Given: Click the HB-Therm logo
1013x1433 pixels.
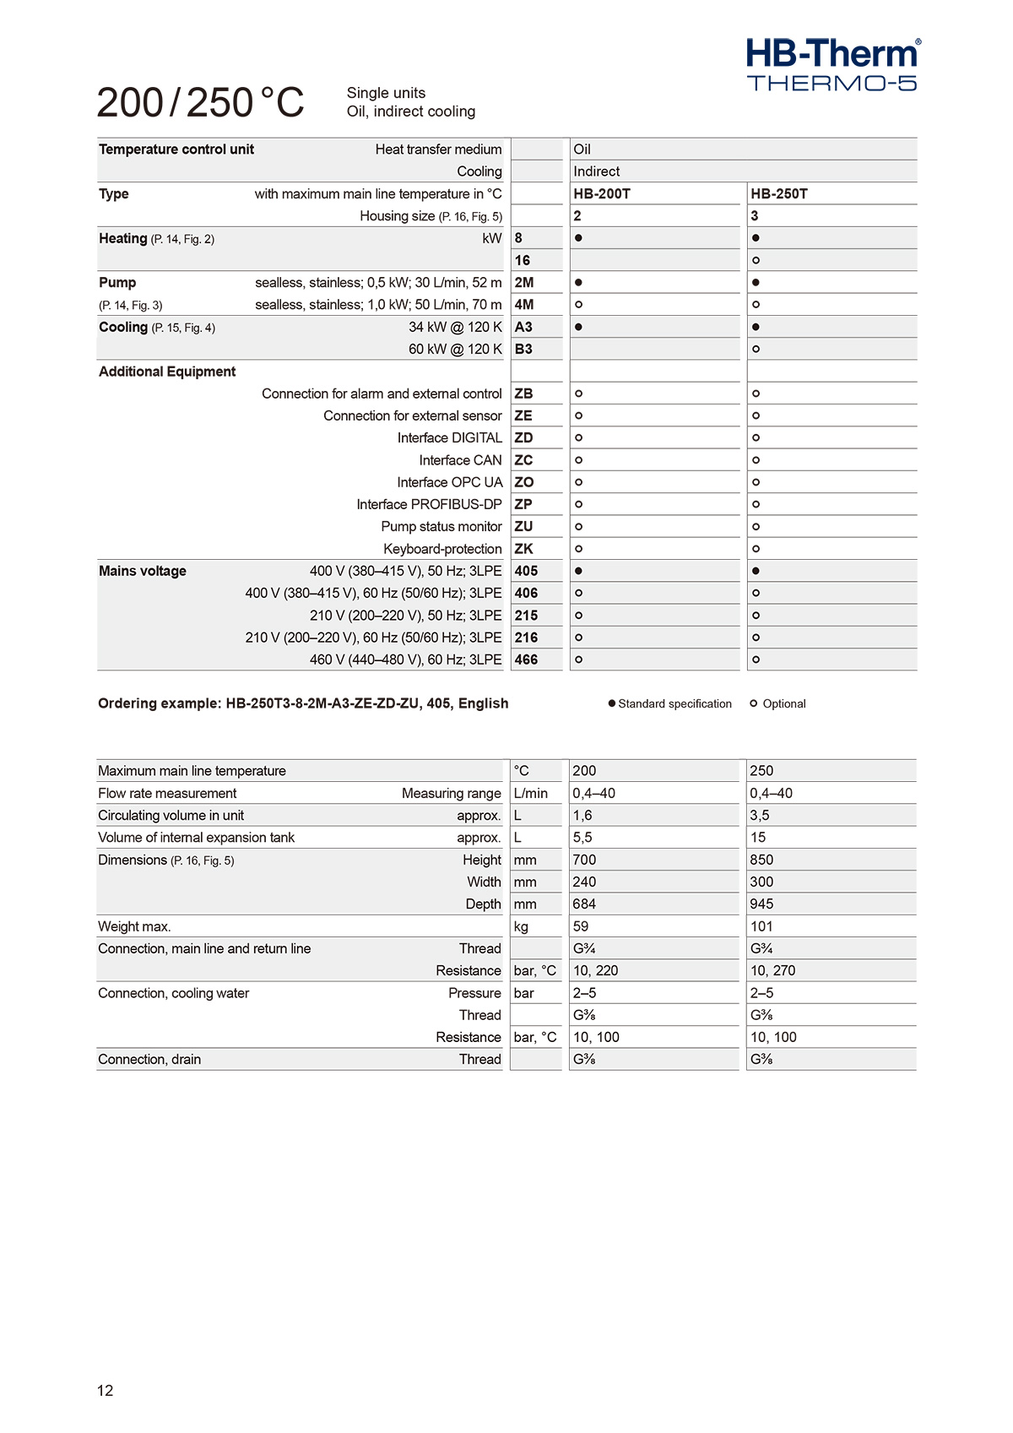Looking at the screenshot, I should click(832, 64).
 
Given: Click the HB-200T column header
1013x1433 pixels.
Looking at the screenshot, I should click(602, 193).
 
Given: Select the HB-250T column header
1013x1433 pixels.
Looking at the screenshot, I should click(779, 193).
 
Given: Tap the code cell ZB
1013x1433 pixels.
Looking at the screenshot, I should click(523, 394).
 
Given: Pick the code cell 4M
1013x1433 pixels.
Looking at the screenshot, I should click(524, 305).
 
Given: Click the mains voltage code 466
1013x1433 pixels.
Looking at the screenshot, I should click(526, 660).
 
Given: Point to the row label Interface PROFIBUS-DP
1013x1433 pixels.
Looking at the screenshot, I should click(429, 504).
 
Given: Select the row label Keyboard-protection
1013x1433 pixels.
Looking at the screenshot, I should click(442, 549).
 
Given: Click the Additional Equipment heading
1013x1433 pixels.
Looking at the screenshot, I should click(167, 372).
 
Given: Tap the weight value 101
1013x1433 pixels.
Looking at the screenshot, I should click(761, 926).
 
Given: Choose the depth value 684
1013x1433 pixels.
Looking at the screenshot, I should click(584, 904).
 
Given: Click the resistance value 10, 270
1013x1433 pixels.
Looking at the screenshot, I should click(772, 970).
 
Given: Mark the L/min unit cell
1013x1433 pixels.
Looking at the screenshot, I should click(531, 793).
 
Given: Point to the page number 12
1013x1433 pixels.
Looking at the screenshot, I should click(106, 1391).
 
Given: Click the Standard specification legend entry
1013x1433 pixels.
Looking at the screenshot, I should click(670, 703).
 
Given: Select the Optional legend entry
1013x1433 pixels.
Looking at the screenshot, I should click(778, 703).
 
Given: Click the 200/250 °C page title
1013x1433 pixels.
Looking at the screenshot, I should click(201, 102).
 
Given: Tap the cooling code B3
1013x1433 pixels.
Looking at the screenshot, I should click(523, 349).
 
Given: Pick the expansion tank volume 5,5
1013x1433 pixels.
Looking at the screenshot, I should click(582, 837).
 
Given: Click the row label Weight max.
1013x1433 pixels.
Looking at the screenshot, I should click(134, 926).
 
